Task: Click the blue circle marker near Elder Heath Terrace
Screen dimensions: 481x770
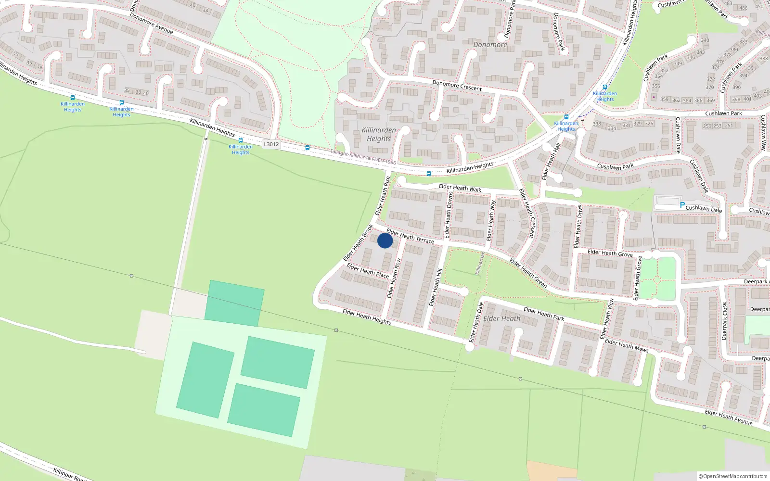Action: click(385, 240)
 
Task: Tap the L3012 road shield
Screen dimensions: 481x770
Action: click(271, 144)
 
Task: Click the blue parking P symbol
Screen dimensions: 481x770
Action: click(682, 205)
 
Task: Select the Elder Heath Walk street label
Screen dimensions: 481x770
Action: click(460, 188)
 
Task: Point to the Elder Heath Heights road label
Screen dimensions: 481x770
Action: click(367, 316)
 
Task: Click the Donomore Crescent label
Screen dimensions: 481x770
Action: click(457, 86)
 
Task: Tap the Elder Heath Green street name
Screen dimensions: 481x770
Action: click(528, 273)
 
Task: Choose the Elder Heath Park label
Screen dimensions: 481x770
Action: click(544, 314)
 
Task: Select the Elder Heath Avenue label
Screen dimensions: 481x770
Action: click(729, 417)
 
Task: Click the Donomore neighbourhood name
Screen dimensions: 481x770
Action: click(490, 45)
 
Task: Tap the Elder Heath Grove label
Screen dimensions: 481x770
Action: click(610, 253)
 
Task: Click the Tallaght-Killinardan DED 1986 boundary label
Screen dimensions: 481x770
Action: click(363, 157)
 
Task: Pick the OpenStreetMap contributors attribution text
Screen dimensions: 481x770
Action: click(733, 476)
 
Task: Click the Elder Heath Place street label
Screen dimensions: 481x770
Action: click(368, 270)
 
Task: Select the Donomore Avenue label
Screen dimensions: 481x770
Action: click(151, 23)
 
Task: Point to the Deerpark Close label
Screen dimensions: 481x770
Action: click(724, 321)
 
